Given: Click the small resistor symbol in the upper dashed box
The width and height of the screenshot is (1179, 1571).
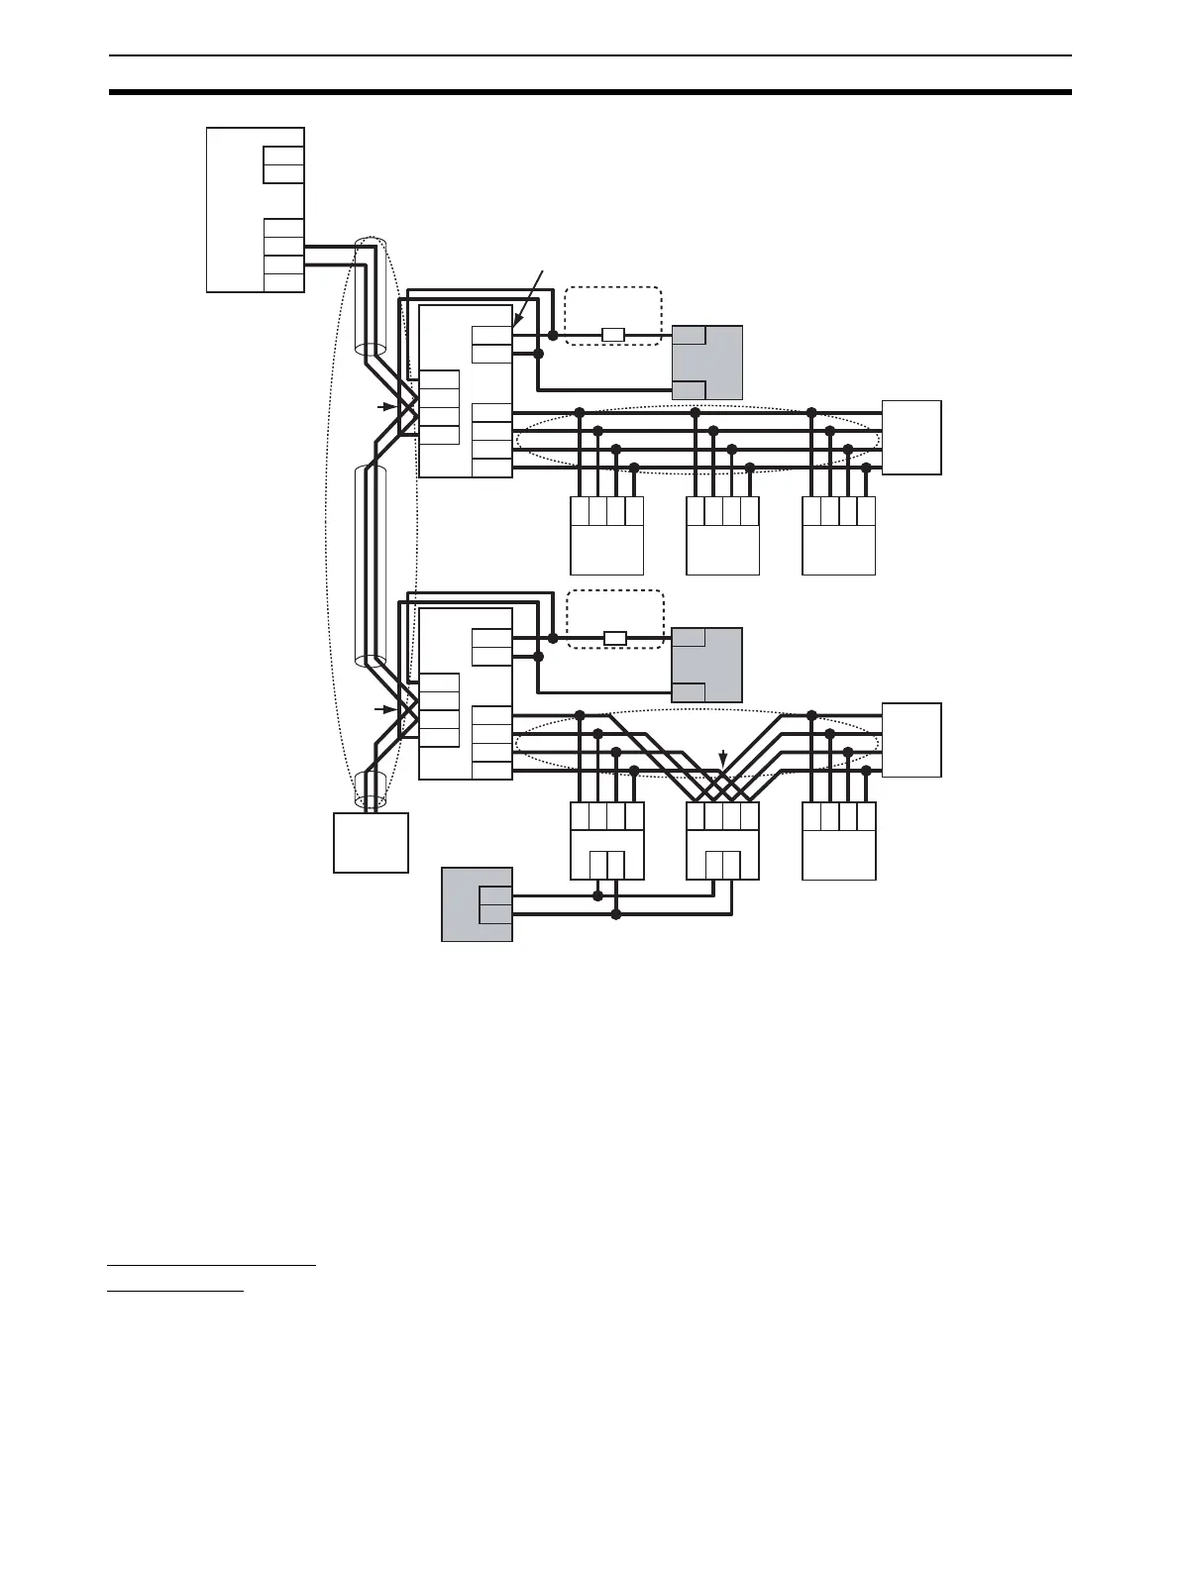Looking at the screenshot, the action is click(613, 335).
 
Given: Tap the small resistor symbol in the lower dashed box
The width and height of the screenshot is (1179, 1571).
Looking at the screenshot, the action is click(615, 638).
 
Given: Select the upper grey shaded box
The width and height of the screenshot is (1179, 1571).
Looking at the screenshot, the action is click(707, 362).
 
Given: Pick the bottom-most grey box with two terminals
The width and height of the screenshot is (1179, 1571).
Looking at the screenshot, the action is click(477, 904).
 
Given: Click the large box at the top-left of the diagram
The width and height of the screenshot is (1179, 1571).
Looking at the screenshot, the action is click(255, 209).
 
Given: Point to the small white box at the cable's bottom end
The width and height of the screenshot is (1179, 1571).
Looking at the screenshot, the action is click(371, 842).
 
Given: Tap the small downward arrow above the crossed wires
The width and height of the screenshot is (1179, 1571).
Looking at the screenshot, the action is click(724, 760).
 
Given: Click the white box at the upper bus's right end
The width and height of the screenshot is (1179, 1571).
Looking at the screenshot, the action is click(911, 438).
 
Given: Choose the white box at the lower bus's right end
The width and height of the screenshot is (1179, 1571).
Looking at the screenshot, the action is click(911, 740).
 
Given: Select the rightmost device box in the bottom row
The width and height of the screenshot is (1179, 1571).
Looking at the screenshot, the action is click(838, 840).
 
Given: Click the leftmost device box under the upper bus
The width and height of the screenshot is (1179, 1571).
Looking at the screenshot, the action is click(606, 536).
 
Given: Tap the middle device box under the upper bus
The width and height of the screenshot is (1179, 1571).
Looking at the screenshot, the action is click(722, 536).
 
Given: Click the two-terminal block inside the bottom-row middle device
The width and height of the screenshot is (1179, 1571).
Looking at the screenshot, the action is click(722, 864).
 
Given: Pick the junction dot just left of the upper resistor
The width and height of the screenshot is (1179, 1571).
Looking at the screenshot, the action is click(553, 335).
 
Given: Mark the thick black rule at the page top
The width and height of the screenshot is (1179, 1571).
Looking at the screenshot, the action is click(589, 92).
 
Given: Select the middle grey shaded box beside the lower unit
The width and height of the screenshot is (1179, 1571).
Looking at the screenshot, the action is click(707, 665).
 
